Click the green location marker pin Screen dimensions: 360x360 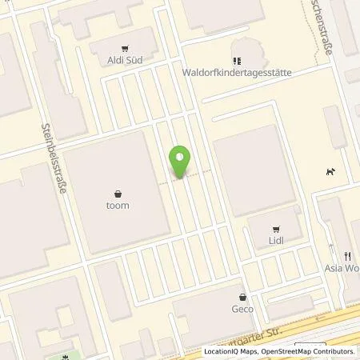coord(181,162)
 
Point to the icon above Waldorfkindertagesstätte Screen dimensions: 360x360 coord(236,59)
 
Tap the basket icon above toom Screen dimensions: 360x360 coord(118,193)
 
